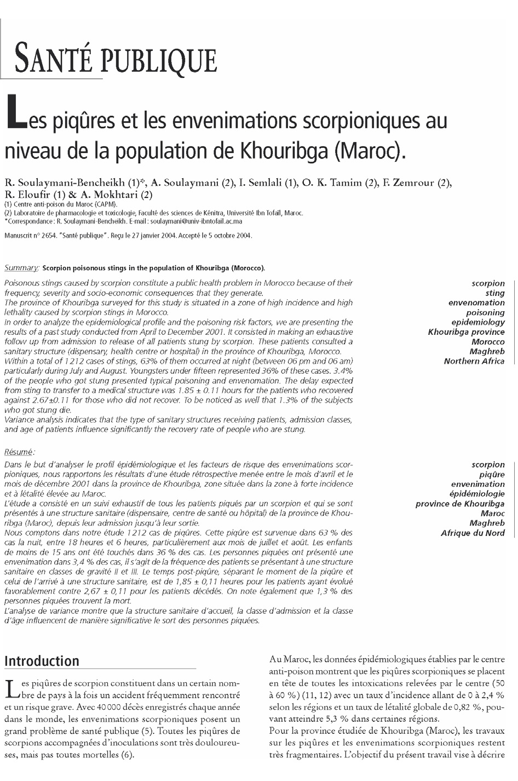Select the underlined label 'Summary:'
click(21, 268)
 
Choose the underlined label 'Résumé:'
click(20, 452)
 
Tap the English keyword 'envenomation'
click(476, 303)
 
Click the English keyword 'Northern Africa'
click(474, 361)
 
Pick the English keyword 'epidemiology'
click(478, 322)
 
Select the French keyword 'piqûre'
click(492, 475)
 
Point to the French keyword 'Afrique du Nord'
click(473, 533)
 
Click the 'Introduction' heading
click(42, 661)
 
